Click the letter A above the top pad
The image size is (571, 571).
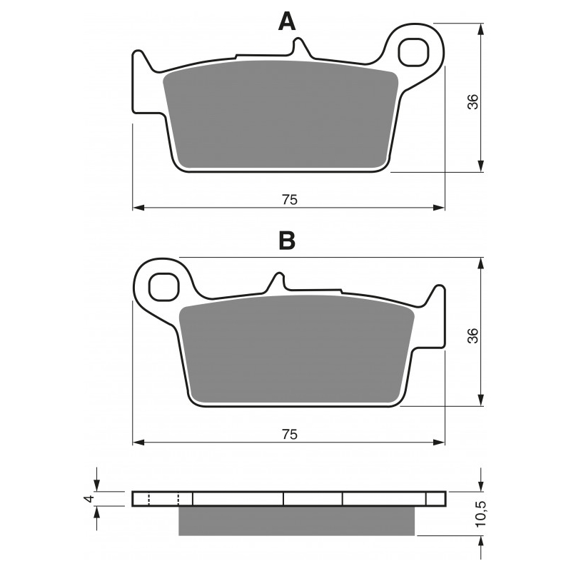[x=286, y=22]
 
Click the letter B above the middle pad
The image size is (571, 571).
[x=286, y=241]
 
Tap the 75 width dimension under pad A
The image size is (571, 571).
[x=288, y=200]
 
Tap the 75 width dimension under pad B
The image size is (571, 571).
[x=288, y=433]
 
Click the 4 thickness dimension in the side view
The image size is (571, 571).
[x=89, y=498]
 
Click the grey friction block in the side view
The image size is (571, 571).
[x=296, y=521]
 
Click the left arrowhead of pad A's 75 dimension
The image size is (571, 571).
[x=138, y=208]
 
